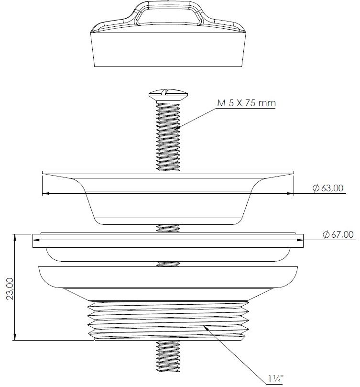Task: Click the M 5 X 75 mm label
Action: pos(246,103)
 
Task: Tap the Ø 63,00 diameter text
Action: pos(328,188)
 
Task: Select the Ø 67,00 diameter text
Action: pos(338,234)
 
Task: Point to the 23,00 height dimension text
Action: pos(10,288)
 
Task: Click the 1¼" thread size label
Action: pos(276,378)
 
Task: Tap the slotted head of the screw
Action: pos(168,94)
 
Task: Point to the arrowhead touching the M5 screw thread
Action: pos(177,128)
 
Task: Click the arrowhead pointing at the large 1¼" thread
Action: pos(206,328)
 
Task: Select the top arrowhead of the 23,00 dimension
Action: pos(15,237)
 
